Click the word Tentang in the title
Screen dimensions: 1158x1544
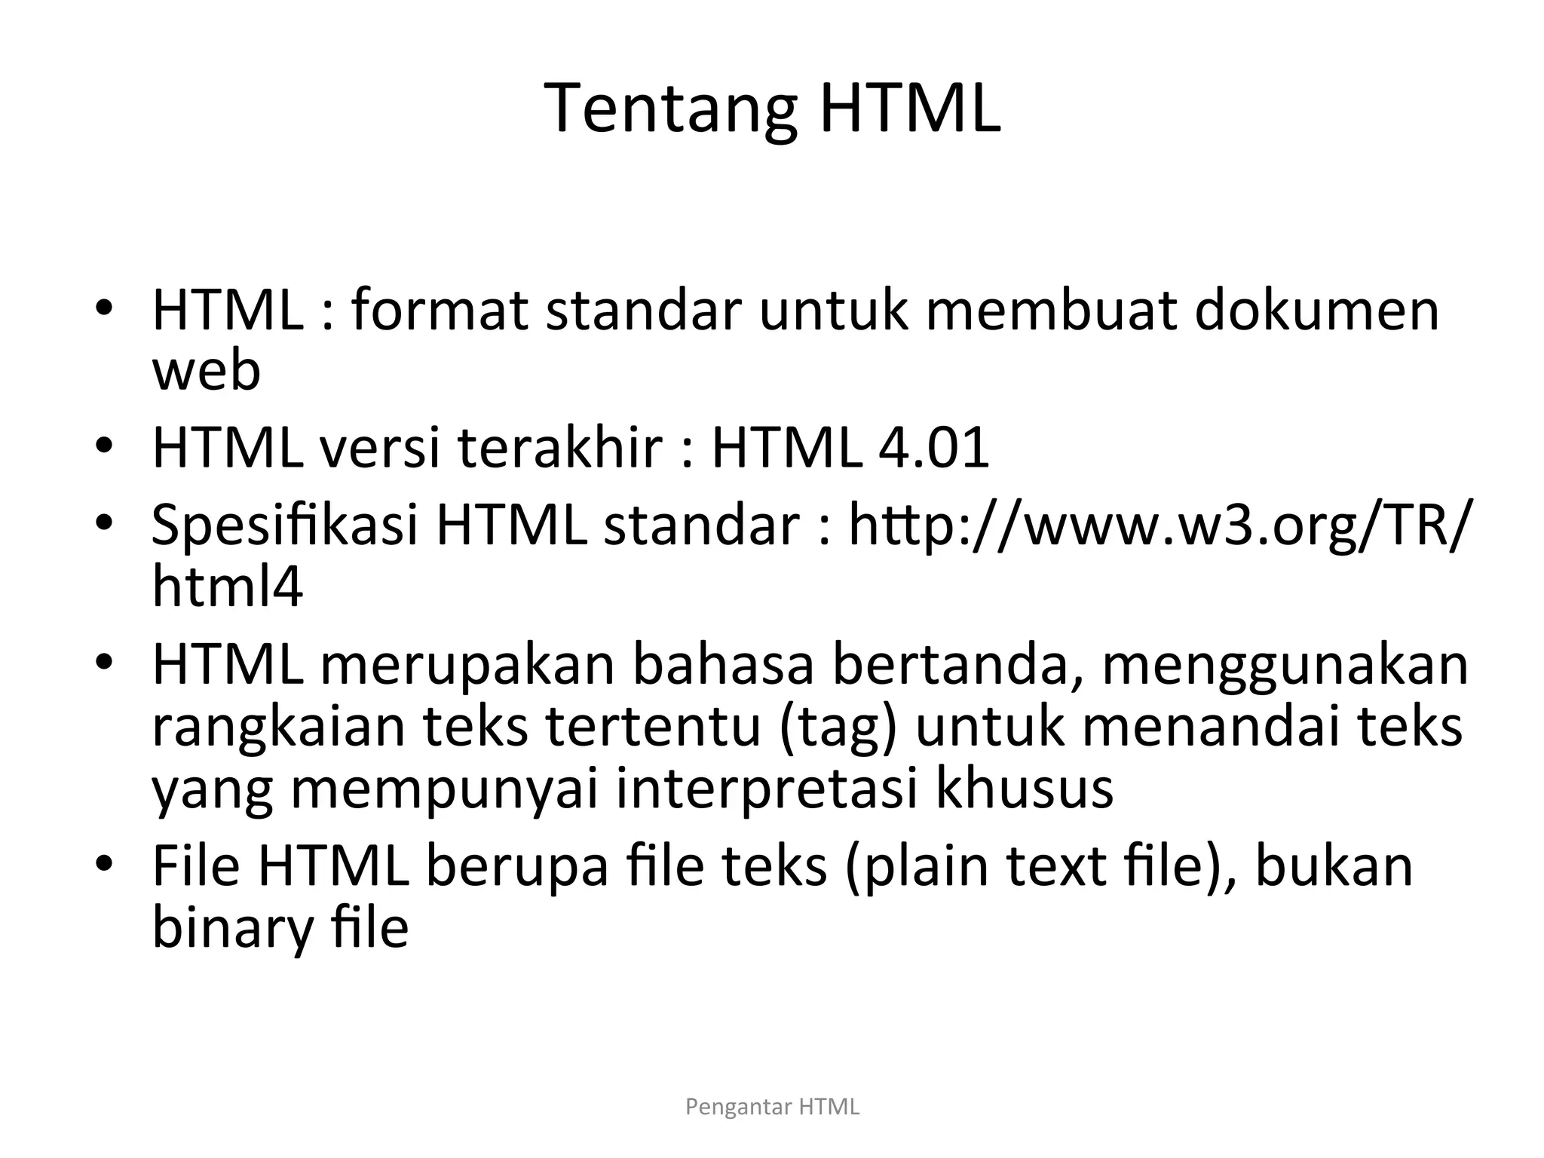pos(669,110)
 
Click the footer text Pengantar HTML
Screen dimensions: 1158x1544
pos(772,1107)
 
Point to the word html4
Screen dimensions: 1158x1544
pos(228,587)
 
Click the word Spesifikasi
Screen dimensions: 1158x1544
pos(285,525)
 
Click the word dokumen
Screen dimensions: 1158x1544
pos(1317,311)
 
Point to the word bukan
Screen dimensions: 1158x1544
pos(1334,866)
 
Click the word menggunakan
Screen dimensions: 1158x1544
pos(1285,665)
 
